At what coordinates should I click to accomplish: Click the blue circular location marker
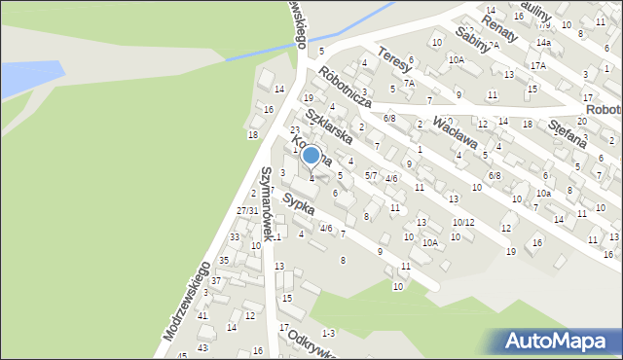click(311, 155)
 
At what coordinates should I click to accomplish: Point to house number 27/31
click(247, 211)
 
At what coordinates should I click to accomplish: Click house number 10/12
click(462, 223)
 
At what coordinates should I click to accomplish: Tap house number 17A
click(538, 65)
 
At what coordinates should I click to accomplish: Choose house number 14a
click(543, 43)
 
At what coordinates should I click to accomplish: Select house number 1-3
click(328, 334)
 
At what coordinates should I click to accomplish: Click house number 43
click(202, 347)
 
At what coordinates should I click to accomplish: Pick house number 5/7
click(371, 175)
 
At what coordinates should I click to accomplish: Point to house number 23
click(295, 130)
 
